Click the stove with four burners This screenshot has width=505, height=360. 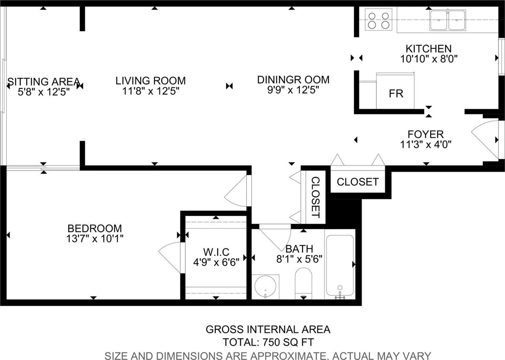(x=378, y=19)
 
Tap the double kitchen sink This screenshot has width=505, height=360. (x=448, y=20)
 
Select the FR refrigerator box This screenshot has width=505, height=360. (x=395, y=91)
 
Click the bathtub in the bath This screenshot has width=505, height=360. (x=340, y=266)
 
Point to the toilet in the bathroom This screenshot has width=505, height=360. (x=303, y=283)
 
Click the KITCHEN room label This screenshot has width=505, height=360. (x=428, y=49)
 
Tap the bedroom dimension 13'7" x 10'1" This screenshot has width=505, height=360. (x=95, y=239)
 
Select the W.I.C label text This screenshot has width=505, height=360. (x=216, y=252)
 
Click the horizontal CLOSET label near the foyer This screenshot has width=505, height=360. (x=358, y=182)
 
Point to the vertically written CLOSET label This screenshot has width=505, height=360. (x=315, y=198)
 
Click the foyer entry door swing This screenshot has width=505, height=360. (x=484, y=140)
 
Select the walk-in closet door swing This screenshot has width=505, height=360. (x=169, y=258)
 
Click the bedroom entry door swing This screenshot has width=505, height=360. (x=235, y=191)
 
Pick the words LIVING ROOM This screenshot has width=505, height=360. (x=151, y=81)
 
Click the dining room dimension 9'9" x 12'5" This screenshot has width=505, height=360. (x=293, y=90)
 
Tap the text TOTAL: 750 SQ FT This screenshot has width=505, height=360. (x=268, y=342)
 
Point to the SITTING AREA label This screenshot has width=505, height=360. (x=44, y=82)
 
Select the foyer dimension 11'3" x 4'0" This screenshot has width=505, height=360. (x=426, y=145)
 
